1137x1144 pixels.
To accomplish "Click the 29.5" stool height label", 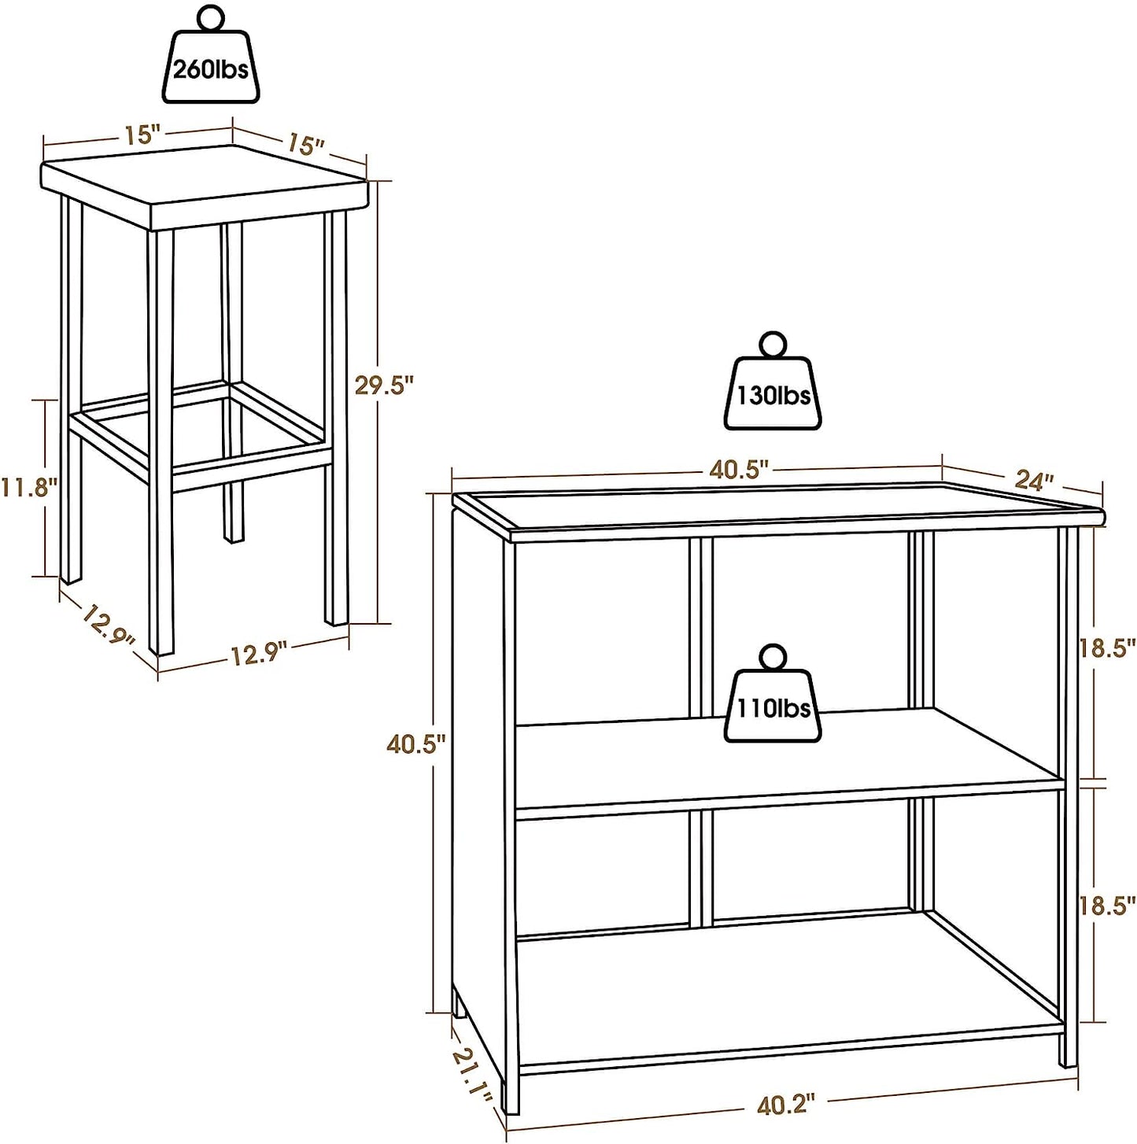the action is [383, 386].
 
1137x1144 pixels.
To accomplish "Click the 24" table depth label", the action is [1037, 481].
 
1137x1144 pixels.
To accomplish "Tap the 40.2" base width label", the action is [784, 1105].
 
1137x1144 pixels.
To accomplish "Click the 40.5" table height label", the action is [415, 744].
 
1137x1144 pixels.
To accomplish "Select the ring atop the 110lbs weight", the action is [773, 658].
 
